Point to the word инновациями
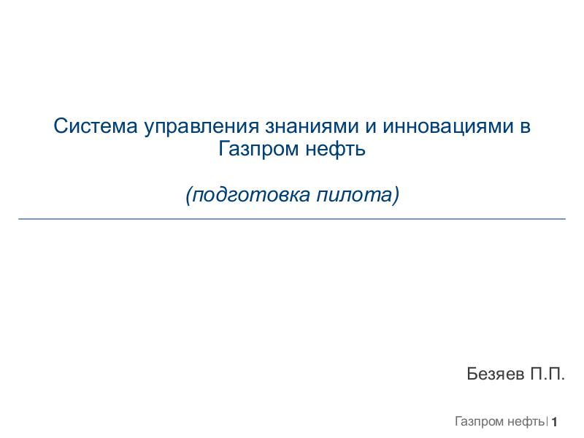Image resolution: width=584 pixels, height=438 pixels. [x=446, y=126]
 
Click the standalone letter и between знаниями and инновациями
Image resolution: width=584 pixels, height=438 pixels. [x=370, y=127]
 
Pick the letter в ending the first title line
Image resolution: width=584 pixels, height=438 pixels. [x=525, y=127]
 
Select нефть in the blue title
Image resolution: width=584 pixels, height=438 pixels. [x=336, y=150]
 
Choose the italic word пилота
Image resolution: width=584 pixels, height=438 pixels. [x=355, y=196]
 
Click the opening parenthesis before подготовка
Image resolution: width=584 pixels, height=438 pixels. [x=188, y=196]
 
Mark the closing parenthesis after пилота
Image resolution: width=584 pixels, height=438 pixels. [x=397, y=196]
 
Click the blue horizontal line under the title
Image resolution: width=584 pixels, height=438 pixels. [x=292, y=218]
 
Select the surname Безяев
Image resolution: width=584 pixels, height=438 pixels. [x=496, y=374]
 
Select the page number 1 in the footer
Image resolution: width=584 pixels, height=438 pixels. [x=555, y=422]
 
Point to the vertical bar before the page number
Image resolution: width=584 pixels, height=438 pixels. [x=547, y=421]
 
